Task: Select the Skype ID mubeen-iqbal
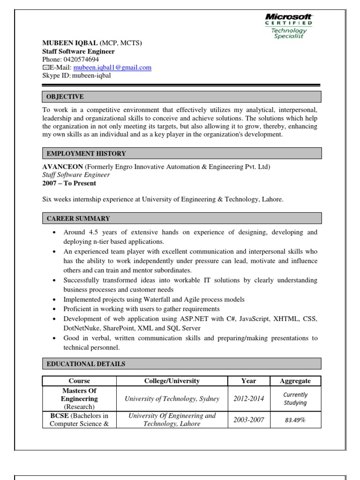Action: click(92, 75)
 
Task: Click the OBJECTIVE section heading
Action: click(65, 97)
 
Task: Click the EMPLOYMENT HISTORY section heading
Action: click(85, 153)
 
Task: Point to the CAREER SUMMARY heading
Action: click(78, 218)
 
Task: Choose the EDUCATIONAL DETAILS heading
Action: click(85, 364)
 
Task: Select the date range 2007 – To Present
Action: click(69, 183)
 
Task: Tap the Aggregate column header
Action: click(295, 381)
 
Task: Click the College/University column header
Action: click(172, 381)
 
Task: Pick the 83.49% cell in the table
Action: click(295, 420)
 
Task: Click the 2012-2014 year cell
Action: click(248, 399)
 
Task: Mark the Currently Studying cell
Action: click(295, 399)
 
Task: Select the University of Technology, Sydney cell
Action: click(172, 399)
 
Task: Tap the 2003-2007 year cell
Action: click(248, 420)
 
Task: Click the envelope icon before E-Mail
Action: click(45, 67)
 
